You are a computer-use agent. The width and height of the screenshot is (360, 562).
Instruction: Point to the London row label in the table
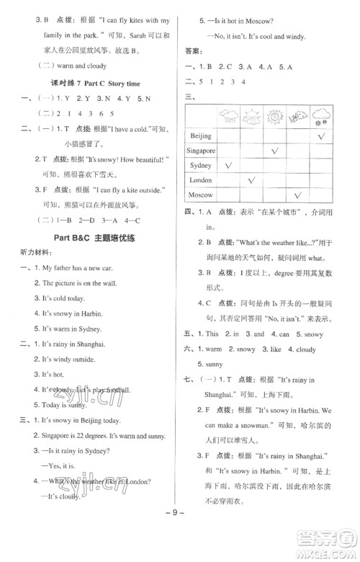click(201, 179)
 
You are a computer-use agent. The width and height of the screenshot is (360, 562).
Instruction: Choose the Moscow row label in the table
click(201, 195)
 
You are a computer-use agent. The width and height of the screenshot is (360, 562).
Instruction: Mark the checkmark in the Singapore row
click(274, 151)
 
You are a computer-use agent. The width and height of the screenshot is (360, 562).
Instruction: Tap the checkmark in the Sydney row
click(229, 166)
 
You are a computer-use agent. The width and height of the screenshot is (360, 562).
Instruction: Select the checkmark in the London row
click(251, 180)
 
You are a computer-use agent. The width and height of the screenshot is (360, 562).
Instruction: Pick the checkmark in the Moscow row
click(298, 195)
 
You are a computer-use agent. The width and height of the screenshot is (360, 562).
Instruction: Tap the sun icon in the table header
click(274, 116)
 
